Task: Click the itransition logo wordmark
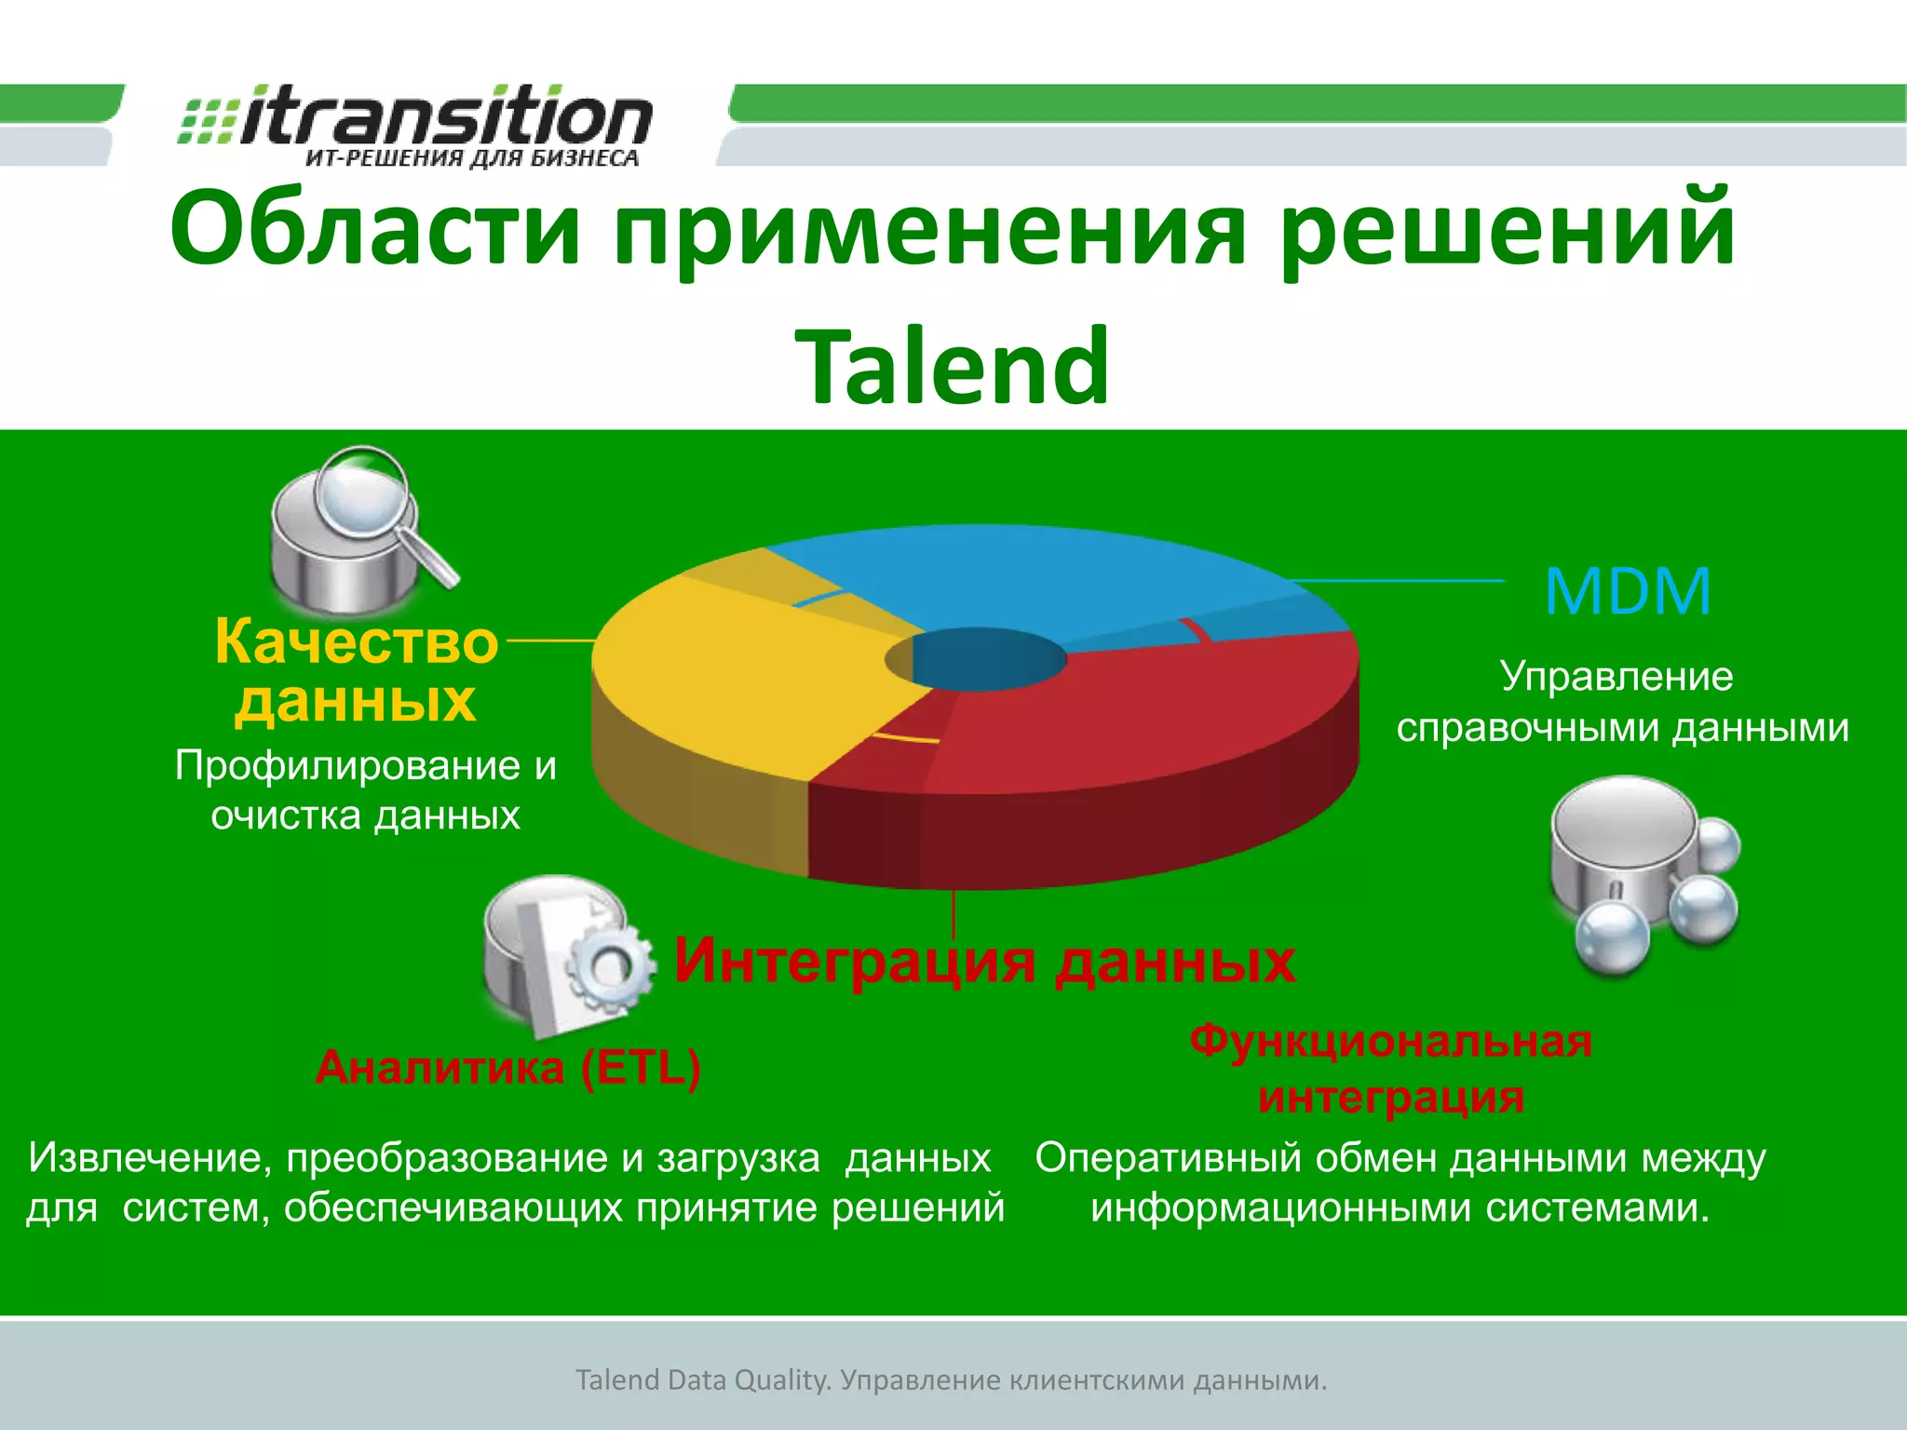pyautogui.click(x=445, y=118)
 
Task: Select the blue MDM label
pyautogui.click(x=1627, y=591)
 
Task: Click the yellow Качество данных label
pyautogui.click(x=356, y=670)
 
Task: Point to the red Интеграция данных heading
pyautogui.click(x=984, y=961)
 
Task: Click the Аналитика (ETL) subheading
pyautogui.click(x=507, y=1067)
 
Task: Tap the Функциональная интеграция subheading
pyautogui.click(x=1391, y=1069)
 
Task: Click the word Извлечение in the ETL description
pyautogui.click(x=149, y=1158)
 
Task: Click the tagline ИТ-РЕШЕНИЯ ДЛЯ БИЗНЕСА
pyautogui.click(x=471, y=158)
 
